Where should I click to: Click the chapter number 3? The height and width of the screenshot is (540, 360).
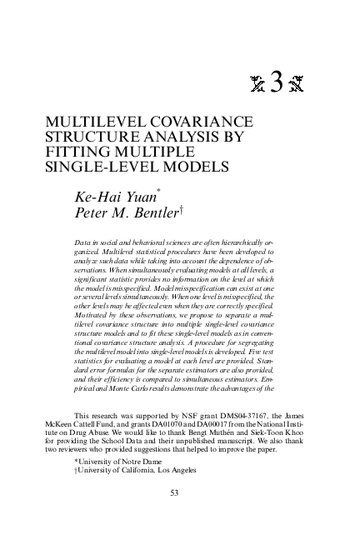(277, 81)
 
